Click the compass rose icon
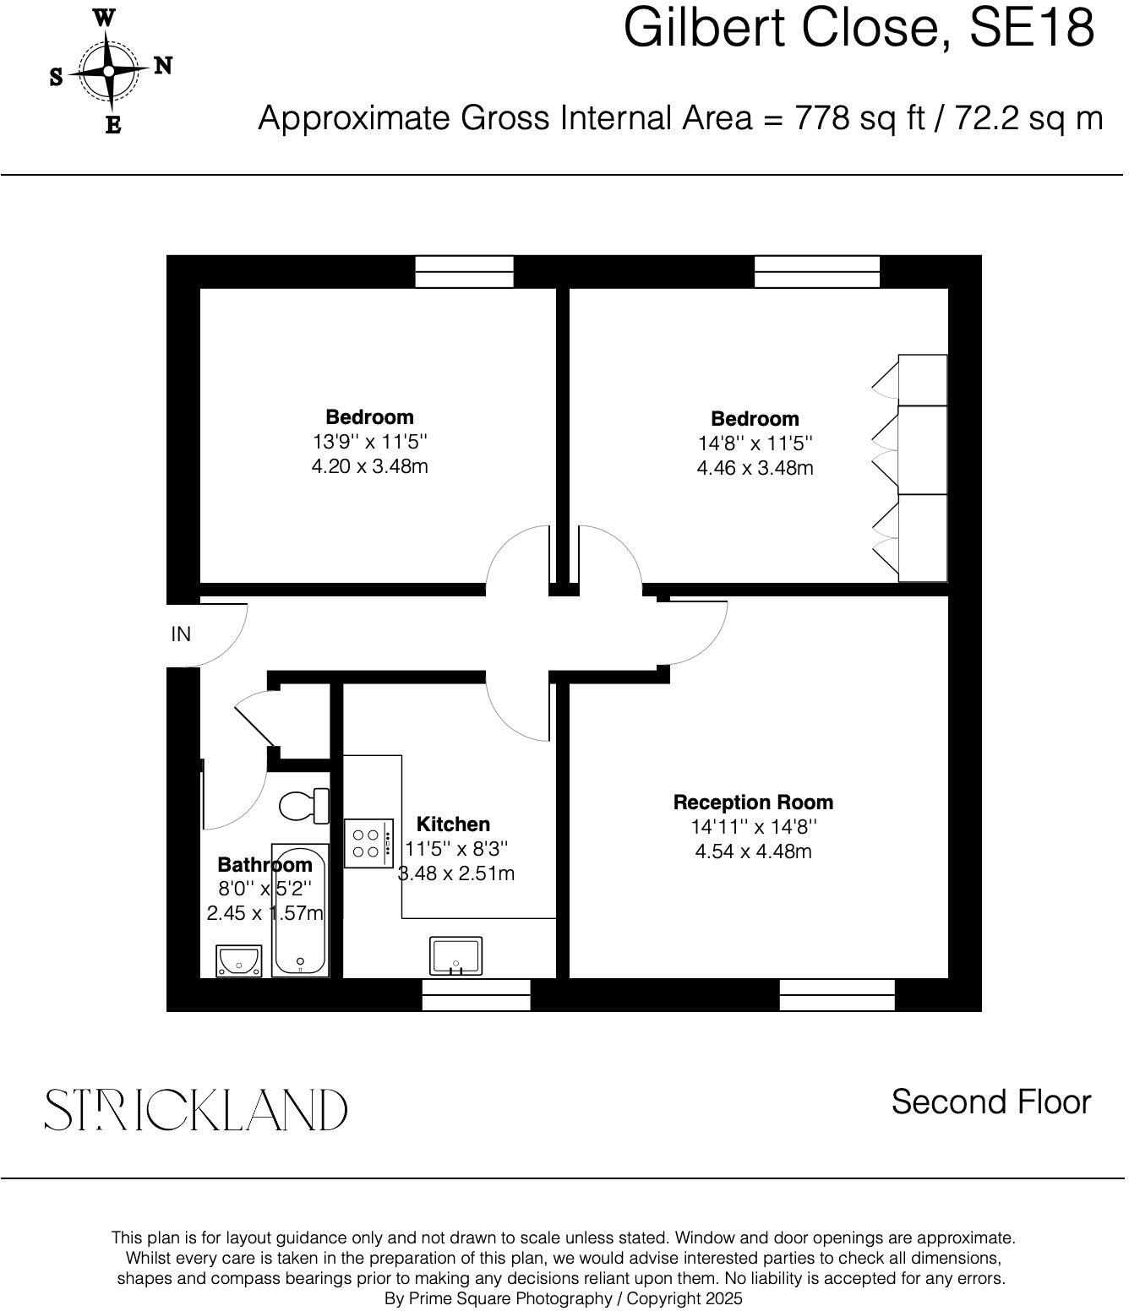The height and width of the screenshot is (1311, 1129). [108, 72]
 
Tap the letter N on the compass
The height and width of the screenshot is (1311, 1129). [162, 67]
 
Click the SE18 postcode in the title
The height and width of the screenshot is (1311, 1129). [1031, 27]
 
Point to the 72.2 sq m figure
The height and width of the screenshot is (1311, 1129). [1028, 118]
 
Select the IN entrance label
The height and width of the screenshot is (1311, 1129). [181, 634]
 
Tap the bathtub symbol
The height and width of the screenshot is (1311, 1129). [299, 910]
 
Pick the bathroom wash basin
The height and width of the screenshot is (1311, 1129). [239, 961]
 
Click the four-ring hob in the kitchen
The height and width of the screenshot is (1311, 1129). [369, 842]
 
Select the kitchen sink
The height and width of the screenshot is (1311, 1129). [455, 955]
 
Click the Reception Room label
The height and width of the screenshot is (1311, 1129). [753, 802]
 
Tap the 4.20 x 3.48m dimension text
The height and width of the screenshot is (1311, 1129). [369, 466]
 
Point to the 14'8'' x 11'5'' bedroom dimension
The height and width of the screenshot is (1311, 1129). [755, 443]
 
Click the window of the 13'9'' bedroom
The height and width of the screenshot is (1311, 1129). [464, 271]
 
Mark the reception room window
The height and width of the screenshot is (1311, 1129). [837, 994]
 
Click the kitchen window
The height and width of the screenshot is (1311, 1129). [476, 994]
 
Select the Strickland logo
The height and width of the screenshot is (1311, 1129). [195, 1109]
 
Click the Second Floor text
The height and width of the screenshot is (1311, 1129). [990, 1102]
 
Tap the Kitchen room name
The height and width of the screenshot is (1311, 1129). [453, 824]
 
